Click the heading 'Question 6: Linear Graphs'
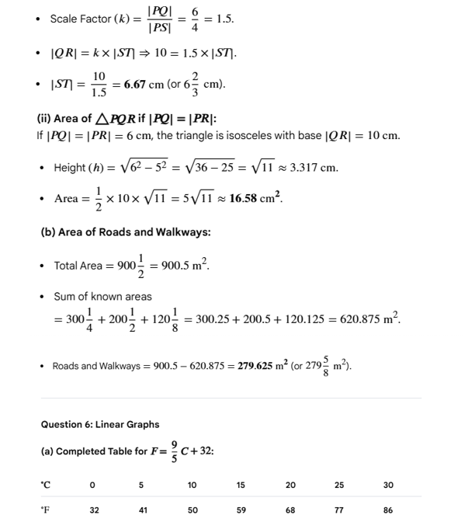99,424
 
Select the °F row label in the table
45,510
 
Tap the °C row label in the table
45,485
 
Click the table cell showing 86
388,510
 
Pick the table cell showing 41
141,510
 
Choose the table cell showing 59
241,510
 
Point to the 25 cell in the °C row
339,485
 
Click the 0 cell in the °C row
92,485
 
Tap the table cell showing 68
290,510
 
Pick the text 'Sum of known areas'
102,297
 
